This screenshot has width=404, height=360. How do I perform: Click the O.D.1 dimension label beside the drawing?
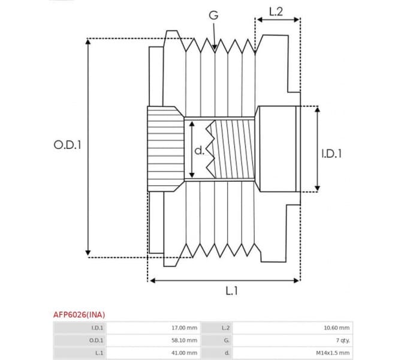click(x=67, y=145)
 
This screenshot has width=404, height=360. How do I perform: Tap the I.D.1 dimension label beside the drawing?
click(x=331, y=154)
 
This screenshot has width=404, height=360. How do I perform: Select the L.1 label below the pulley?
click(x=232, y=291)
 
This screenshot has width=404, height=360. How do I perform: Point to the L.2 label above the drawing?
click(x=276, y=11)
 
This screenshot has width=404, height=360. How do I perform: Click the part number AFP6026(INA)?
click(x=79, y=314)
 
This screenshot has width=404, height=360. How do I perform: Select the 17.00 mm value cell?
click(x=184, y=328)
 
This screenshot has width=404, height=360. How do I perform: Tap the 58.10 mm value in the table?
click(x=184, y=340)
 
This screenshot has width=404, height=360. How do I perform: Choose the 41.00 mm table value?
click(x=184, y=353)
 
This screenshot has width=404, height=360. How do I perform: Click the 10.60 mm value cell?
click(x=337, y=328)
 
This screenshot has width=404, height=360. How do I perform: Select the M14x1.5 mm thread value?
click(x=333, y=353)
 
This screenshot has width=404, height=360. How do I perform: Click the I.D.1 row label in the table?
click(x=97, y=328)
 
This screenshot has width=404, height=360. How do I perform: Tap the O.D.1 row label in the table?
click(x=96, y=340)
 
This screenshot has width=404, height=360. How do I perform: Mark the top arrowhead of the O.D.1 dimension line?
click(x=88, y=43)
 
